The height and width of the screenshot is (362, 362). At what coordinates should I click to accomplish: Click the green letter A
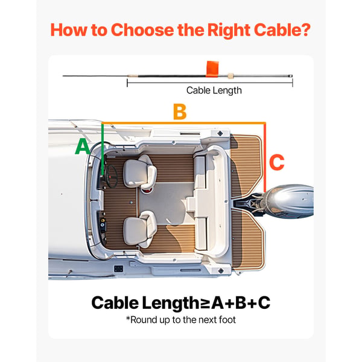[82, 147]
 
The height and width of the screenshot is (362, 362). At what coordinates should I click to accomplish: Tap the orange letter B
[180, 112]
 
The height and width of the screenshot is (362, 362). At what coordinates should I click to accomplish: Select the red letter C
[277, 162]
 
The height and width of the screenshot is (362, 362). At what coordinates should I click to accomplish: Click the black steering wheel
[112, 176]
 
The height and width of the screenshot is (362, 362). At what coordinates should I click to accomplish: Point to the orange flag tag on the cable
[212, 69]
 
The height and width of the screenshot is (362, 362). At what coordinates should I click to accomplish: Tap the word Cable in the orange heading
[275, 30]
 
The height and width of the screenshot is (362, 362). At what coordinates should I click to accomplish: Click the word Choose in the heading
[142, 30]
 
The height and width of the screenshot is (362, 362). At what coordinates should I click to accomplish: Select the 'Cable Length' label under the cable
[214, 91]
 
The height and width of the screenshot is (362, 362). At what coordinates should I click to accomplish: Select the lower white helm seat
[140, 229]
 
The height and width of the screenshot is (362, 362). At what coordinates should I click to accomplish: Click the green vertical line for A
[103, 149]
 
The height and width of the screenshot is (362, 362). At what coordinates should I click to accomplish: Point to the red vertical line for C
[265, 157]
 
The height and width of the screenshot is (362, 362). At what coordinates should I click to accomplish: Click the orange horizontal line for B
[184, 123]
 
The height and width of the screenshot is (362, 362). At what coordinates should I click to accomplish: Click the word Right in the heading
[229, 31]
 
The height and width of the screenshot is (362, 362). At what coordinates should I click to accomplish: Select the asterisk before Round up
[128, 318]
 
